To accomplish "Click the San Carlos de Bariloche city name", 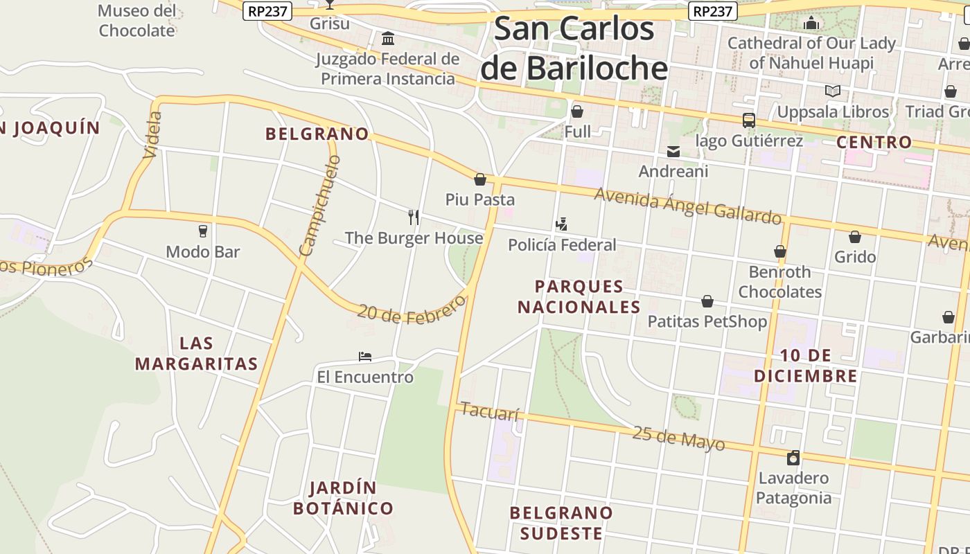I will [x=574, y=48].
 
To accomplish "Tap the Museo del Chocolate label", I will [x=136, y=21].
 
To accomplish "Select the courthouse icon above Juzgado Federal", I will [x=388, y=37].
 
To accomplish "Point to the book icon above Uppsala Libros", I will [x=832, y=91].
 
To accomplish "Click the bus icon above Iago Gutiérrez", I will [x=748, y=120].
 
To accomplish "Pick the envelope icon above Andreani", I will [x=673, y=152].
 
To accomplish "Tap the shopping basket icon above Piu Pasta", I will [x=479, y=180].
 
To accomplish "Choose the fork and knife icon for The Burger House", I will [x=414, y=217].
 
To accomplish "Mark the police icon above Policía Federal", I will [x=561, y=224].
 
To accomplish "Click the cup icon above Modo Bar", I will [x=203, y=231].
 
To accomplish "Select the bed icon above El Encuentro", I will [x=365, y=357].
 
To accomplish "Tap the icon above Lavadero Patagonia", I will [x=793, y=458].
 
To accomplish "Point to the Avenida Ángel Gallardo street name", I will [x=687, y=206].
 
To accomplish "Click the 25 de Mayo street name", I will [x=678, y=438].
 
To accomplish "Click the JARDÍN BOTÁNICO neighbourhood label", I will [x=343, y=498].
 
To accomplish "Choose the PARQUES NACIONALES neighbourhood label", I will [x=579, y=296].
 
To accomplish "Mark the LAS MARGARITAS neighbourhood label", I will [x=196, y=353].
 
